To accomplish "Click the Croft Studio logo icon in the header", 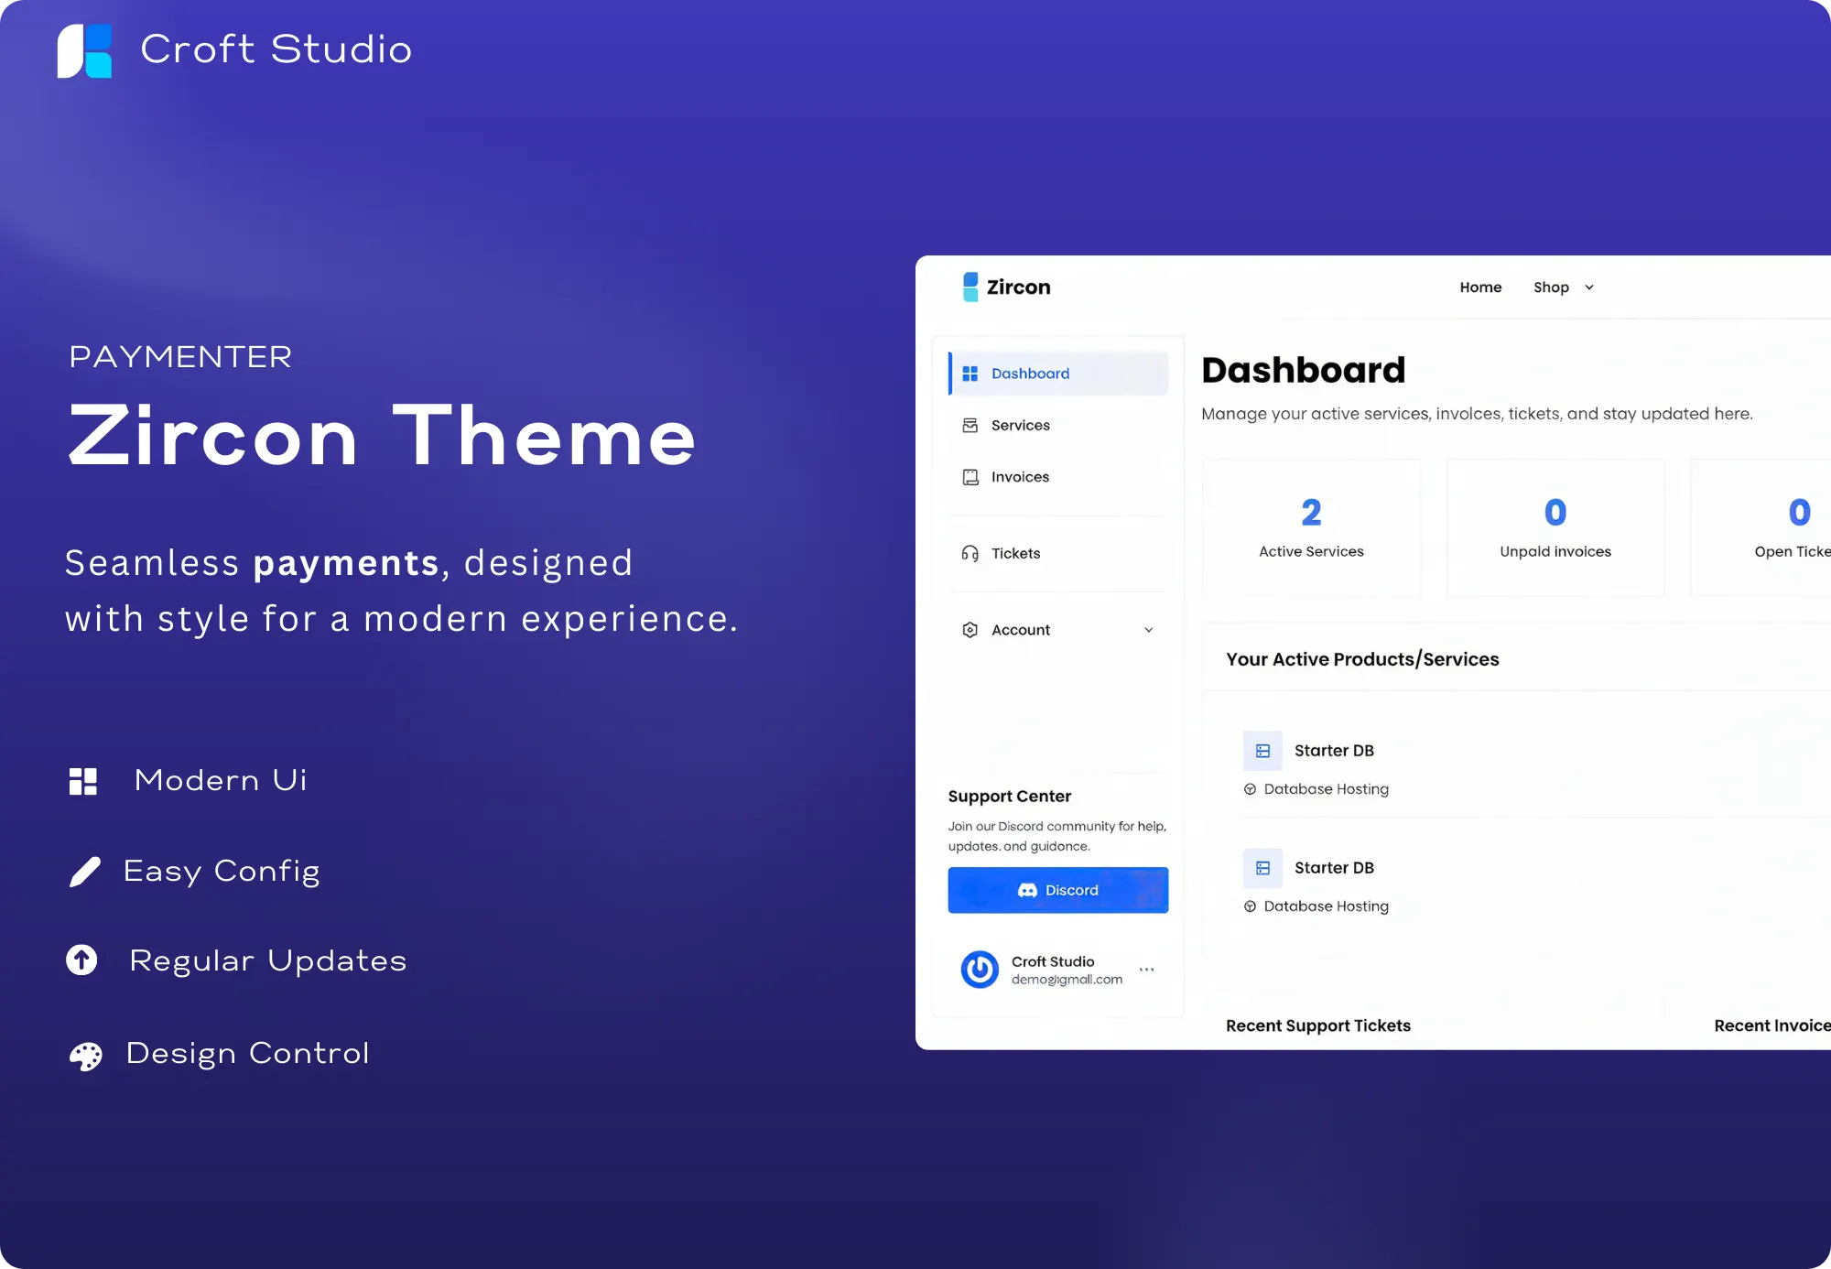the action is coord(84,50).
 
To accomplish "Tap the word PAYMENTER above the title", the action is coord(180,356).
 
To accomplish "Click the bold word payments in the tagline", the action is coord(347,564).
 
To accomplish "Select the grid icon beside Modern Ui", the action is coord(83,781).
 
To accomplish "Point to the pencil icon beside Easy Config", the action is coord(85,872).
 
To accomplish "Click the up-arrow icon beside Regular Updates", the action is coord(81,960).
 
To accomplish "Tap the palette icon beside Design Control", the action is coord(86,1056).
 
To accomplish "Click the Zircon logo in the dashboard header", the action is coord(1006,287).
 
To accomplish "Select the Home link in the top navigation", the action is coord(1480,287).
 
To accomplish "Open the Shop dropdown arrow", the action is coord(1589,287).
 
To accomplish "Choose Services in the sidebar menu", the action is coord(1020,425).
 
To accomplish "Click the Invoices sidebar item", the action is coord(1020,477).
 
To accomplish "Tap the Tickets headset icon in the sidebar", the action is coord(970,553).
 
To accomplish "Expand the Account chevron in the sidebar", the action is coord(1149,630).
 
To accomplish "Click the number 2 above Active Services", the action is coord(1311,513).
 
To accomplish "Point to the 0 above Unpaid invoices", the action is coord(1555,513).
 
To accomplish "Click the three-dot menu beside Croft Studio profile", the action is coord(1146,969).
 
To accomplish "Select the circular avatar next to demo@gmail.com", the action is coord(980,970).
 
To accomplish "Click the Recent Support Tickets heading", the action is coord(1318,1025).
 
